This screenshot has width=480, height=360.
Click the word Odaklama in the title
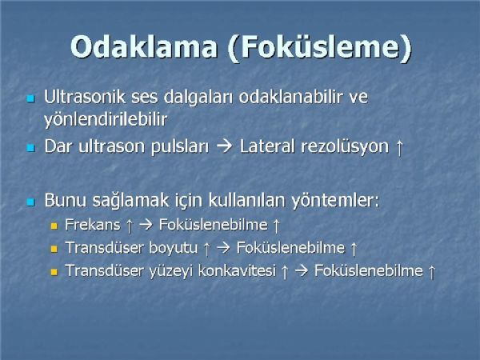(x=144, y=47)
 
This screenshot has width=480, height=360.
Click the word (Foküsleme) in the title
(x=319, y=48)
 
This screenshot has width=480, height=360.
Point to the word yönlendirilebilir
(x=106, y=119)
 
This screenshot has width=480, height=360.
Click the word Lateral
(x=268, y=146)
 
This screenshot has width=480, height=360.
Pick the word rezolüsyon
(x=346, y=147)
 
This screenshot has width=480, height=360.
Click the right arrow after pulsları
(x=224, y=146)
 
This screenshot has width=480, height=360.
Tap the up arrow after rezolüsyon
(x=399, y=147)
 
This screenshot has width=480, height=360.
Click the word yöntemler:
(x=335, y=201)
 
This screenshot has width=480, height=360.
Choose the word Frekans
(x=93, y=225)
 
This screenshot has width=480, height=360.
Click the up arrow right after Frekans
(x=130, y=226)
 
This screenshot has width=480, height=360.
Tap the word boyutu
(x=174, y=248)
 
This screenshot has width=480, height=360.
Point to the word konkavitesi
(x=238, y=270)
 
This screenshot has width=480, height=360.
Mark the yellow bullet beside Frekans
(x=54, y=226)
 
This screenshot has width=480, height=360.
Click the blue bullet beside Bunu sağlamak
(x=31, y=202)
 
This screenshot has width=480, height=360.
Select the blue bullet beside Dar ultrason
(x=31, y=148)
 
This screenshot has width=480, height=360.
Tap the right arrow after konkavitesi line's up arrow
(x=302, y=271)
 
